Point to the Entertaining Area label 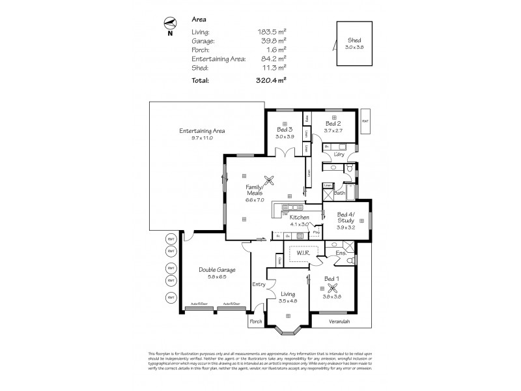[x=202, y=131]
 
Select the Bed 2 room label [x=333, y=123]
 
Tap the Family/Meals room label [x=255, y=190]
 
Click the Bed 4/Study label [x=346, y=218]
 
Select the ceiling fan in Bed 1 [x=333, y=289]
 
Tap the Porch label [x=255, y=322]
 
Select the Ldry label [x=338, y=154]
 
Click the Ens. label [x=340, y=252]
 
